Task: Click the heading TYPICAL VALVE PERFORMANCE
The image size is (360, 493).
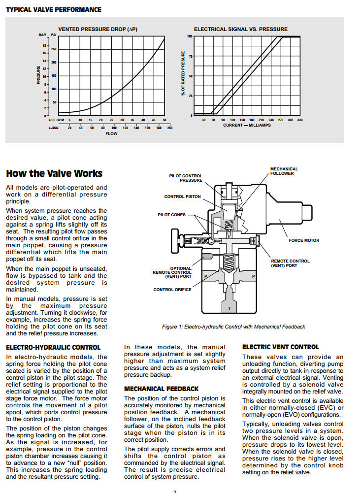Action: [x=53, y=9]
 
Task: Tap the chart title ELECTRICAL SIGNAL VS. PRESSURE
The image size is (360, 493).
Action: [x=241, y=30]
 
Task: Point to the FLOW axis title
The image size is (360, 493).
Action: [x=111, y=133]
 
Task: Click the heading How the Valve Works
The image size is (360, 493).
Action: [x=54, y=173]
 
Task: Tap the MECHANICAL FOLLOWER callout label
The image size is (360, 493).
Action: [x=284, y=171]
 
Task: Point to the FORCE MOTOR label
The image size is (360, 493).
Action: [x=304, y=240]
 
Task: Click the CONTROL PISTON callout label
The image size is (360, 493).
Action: [x=182, y=197]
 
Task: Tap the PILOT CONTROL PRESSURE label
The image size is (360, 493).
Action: [x=186, y=178]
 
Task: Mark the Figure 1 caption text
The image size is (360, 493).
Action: [x=233, y=327]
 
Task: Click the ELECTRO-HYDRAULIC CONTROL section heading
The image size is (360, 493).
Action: [x=53, y=347]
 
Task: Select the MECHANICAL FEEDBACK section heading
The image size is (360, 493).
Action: [x=162, y=389]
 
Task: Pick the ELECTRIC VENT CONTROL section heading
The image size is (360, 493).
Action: [x=281, y=347]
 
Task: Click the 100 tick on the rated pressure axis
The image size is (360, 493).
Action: [x=190, y=36]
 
